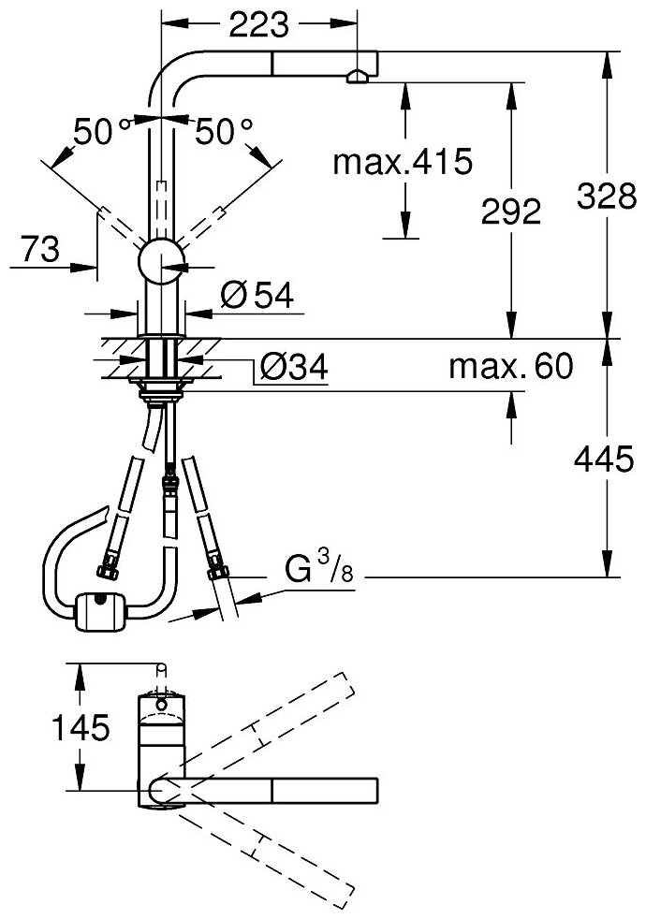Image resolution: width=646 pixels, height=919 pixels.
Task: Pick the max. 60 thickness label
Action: (x=510, y=368)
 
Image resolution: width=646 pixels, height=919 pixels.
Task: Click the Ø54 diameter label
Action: (x=257, y=297)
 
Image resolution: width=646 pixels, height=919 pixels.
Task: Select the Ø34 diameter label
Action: (x=294, y=369)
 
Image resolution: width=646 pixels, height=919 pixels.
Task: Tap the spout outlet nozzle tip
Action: (x=357, y=79)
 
